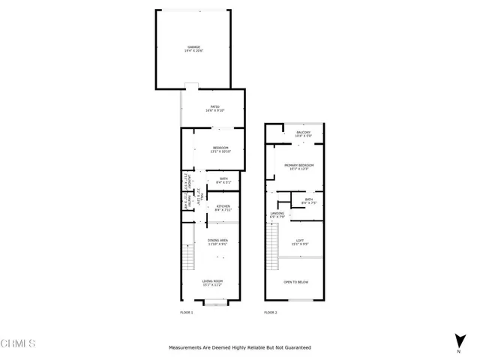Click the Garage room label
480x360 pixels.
point(194,47)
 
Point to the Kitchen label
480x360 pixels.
point(223,208)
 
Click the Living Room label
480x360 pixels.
point(213,283)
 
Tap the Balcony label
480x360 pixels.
point(304,133)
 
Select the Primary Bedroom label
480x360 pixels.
point(298,166)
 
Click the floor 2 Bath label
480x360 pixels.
point(309,200)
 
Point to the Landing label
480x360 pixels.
point(277,215)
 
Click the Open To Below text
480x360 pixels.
point(296,282)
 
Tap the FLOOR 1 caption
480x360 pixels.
point(187,312)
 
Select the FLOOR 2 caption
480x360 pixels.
point(271,312)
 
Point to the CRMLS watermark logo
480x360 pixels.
point(19,344)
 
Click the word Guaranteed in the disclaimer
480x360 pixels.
point(295,348)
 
